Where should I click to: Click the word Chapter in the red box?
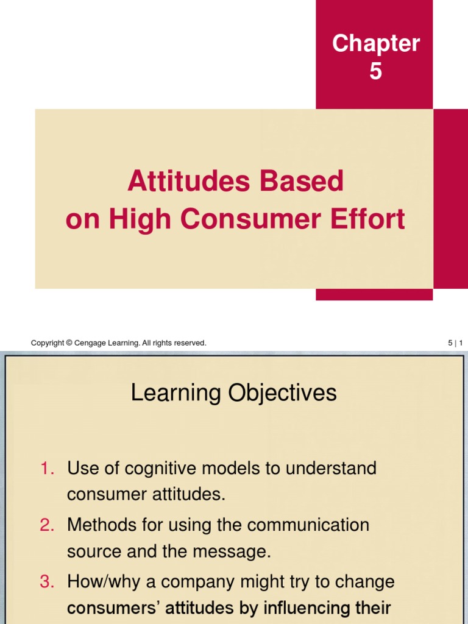coord(376,44)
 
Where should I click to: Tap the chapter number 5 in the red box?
coord(375,72)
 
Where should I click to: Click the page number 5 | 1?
coord(455,344)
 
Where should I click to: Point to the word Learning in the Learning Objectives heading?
coord(176,394)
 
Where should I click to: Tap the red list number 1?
coord(47,469)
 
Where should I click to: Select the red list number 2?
coord(47,525)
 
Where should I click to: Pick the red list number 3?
coord(47,582)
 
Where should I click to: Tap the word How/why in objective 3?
coord(98,582)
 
